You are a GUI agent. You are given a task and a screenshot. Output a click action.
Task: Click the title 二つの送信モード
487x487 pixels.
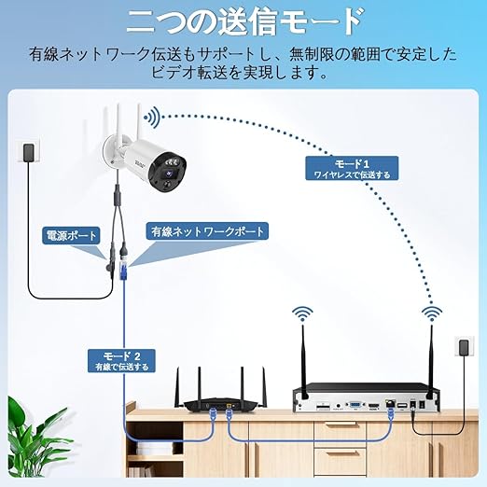(x=244, y=21)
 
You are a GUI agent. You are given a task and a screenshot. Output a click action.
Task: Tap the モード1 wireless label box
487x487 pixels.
(x=352, y=168)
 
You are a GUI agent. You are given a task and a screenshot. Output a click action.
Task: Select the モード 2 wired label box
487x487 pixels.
(x=121, y=361)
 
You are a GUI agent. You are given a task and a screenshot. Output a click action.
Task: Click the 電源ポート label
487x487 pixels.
(x=71, y=235)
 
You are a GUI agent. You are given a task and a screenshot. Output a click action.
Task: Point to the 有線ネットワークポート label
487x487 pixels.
(x=207, y=231)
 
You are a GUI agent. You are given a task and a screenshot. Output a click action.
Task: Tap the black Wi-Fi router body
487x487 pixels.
(x=221, y=407)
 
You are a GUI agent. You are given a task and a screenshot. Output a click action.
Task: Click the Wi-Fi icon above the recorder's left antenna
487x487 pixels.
(x=302, y=314)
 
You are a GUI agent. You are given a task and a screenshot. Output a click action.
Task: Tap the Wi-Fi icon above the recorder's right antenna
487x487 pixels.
(x=432, y=314)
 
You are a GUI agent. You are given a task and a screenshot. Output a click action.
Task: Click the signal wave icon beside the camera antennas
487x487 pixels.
(x=152, y=118)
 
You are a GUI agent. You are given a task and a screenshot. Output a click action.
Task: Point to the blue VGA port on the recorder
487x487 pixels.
(x=355, y=405)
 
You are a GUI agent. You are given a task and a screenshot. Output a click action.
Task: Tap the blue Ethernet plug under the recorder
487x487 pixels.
(x=391, y=414)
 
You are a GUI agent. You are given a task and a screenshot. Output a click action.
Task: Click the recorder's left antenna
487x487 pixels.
(x=303, y=361)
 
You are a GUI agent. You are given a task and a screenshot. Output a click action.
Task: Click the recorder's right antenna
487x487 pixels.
(x=431, y=361)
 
